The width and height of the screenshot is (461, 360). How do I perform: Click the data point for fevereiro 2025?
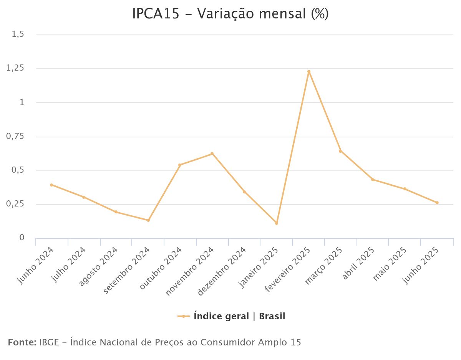click(x=308, y=71)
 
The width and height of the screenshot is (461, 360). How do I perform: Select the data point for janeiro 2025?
click(x=276, y=223)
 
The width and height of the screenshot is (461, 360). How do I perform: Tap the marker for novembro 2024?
click(x=212, y=154)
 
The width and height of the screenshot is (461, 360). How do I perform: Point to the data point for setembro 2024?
click(x=148, y=220)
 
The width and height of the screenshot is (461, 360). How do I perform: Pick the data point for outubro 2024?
click(x=180, y=165)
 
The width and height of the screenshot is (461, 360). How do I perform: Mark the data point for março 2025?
click(x=340, y=151)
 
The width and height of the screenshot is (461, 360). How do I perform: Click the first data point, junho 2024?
click(x=51, y=185)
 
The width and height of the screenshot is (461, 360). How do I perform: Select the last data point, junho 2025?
click(x=437, y=203)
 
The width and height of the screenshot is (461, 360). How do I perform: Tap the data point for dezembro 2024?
click(x=244, y=192)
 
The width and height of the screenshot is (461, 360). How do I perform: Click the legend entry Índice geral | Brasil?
click(x=239, y=317)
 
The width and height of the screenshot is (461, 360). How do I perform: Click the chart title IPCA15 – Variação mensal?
click(x=230, y=14)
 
